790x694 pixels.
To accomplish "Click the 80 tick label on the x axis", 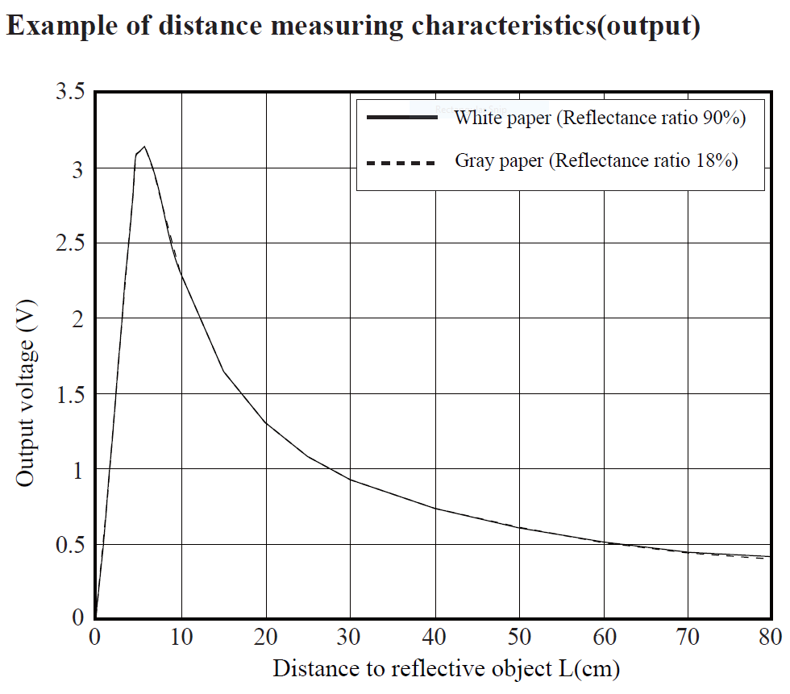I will pos(771,638).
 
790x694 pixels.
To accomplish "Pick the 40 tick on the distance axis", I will pos(435,638).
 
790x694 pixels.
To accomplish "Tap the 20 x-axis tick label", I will pos(266,638).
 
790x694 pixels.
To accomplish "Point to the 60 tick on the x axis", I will pos(604,638).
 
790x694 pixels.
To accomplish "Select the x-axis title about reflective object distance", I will pos(446,669).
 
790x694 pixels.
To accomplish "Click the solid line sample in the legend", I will pos(401,118).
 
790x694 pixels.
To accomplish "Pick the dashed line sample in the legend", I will pos(401,162).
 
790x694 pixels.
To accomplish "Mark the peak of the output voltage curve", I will pos(143,147).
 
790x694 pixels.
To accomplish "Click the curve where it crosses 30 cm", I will pos(351,480).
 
